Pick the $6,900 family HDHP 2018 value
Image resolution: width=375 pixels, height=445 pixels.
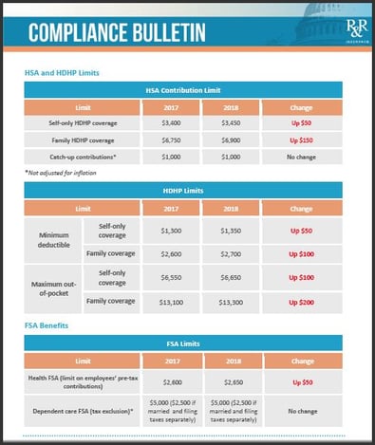232,139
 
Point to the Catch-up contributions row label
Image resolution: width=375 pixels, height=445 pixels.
83,156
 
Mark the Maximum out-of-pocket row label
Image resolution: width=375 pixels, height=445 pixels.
54,289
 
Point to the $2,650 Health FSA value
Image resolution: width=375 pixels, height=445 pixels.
232,380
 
